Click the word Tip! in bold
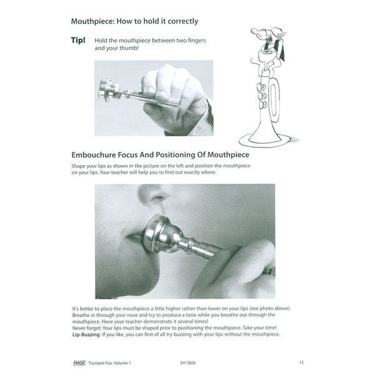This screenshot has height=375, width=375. pyautogui.click(x=80, y=41)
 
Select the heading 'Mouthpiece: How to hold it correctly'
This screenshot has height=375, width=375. pyautogui.click(x=134, y=21)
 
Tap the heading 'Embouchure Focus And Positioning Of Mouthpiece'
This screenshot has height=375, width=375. pyautogui.click(x=161, y=153)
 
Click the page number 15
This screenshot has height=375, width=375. pyautogui.click(x=301, y=362)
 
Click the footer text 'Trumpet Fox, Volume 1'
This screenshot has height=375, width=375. pyautogui.click(x=114, y=362)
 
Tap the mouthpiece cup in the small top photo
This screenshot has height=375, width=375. pyautogui.click(x=108, y=89)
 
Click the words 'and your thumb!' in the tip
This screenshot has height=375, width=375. pyautogui.click(x=117, y=47)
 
